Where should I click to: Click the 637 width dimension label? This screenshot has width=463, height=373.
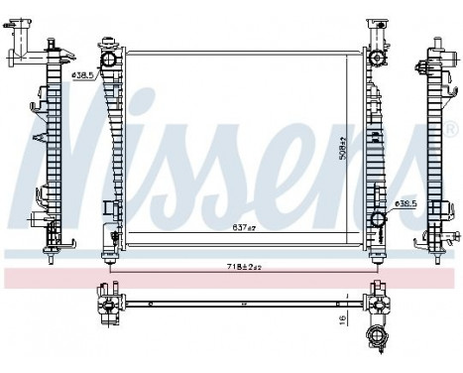coord(243,227)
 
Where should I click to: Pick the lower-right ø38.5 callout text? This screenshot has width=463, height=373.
coord(407,204)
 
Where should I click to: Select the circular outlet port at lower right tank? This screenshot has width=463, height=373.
coord(377,220)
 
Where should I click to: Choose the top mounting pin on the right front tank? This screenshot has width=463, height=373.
coord(377,22)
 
